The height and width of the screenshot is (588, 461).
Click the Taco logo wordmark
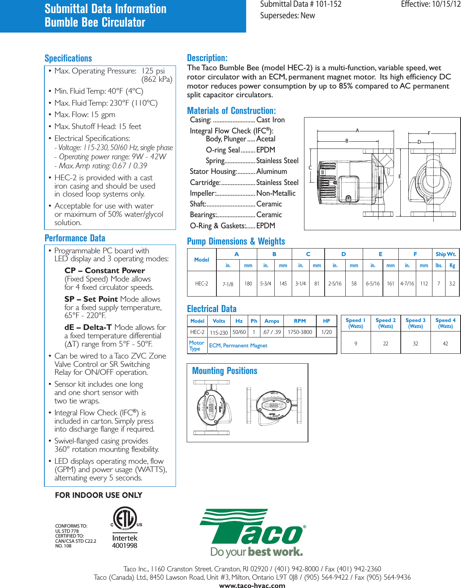pyautogui.click(x=252, y=528)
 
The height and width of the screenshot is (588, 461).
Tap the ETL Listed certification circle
pyautogui.click(x=125, y=518)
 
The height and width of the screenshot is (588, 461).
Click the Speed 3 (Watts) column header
pyautogui.click(x=415, y=323)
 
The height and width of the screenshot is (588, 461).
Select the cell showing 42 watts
pyautogui.click(x=445, y=343)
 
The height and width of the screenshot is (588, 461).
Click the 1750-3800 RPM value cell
pyautogui.click(x=300, y=332)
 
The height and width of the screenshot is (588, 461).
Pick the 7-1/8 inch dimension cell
pyautogui.click(x=228, y=284)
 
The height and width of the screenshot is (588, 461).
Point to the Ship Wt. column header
pyautogui.click(x=446, y=254)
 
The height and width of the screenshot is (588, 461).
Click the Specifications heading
pyautogui.click(x=68, y=58)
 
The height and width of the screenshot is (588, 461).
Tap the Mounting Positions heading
pyautogui.click(x=225, y=371)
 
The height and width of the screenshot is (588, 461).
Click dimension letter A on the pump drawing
pyautogui.click(x=357, y=130)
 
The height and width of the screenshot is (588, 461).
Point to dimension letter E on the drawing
pyautogui.click(x=400, y=176)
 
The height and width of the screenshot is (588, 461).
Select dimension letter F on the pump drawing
pyautogui.click(x=429, y=133)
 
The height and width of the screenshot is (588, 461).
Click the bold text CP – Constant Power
pyautogui.click(x=105, y=270)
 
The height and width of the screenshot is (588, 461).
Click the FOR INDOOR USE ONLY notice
pyautogui.click(x=98, y=495)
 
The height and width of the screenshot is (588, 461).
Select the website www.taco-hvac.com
pyautogui.click(x=252, y=585)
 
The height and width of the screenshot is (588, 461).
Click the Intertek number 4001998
pyautogui.click(x=124, y=546)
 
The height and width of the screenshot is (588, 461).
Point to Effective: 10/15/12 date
pyautogui.click(x=430, y=4)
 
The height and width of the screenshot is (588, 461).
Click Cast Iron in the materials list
pyautogui.click(x=270, y=120)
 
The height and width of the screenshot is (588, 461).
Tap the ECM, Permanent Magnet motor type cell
pyautogui.click(x=238, y=345)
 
